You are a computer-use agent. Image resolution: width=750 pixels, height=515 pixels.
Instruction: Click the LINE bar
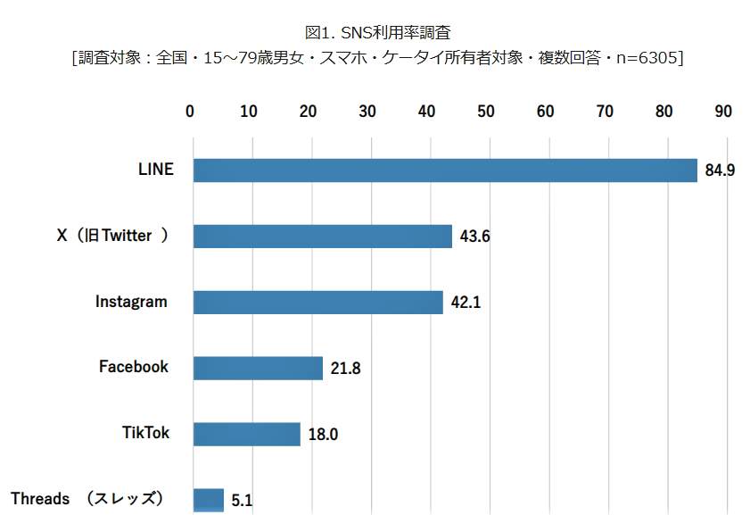click(x=445, y=170)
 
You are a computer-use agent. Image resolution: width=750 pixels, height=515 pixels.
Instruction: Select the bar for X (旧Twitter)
click(x=323, y=237)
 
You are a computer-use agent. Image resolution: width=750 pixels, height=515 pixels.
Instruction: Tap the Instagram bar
click(x=318, y=303)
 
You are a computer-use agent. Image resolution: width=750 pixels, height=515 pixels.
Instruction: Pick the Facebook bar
click(x=258, y=368)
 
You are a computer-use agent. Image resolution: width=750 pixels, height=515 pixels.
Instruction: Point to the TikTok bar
click(x=247, y=434)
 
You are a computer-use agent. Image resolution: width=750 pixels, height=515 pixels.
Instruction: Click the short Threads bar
click(x=209, y=500)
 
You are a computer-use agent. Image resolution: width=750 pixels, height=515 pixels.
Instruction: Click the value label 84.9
click(x=720, y=170)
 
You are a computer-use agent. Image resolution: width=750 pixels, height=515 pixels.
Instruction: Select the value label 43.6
click(x=475, y=237)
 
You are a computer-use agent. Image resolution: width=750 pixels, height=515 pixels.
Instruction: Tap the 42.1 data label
click(x=466, y=303)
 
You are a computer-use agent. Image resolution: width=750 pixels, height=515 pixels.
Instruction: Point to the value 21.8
click(x=345, y=368)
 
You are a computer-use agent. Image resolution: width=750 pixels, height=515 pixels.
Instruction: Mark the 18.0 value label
click(x=323, y=435)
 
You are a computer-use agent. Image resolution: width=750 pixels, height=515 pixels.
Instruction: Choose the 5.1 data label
click(x=242, y=501)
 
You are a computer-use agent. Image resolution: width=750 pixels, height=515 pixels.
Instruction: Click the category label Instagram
click(x=131, y=302)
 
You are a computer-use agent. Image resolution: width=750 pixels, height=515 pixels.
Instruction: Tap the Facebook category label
click(x=133, y=367)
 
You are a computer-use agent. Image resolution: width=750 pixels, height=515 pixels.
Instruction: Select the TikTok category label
click(x=145, y=433)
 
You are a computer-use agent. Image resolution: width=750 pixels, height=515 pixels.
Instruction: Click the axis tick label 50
click(x=486, y=112)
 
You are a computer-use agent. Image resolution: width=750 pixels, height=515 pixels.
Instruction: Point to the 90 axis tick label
click(x=723, y=112)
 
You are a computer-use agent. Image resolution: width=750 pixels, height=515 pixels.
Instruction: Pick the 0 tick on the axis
click(x=190, y=112)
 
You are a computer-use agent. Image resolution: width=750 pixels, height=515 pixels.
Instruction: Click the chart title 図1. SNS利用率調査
click(x=378, y=32)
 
